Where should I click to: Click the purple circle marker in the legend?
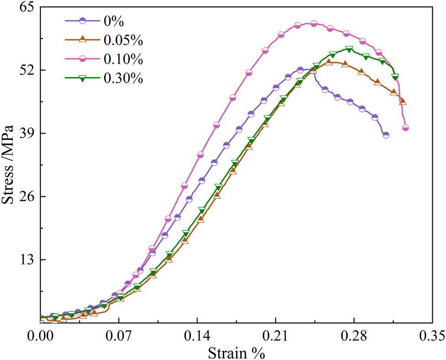tap(82, 21)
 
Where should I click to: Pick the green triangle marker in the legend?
tap(82, 78)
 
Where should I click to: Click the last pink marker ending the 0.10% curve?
tap(405, 128)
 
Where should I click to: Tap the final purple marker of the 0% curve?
tap(386, 135)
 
